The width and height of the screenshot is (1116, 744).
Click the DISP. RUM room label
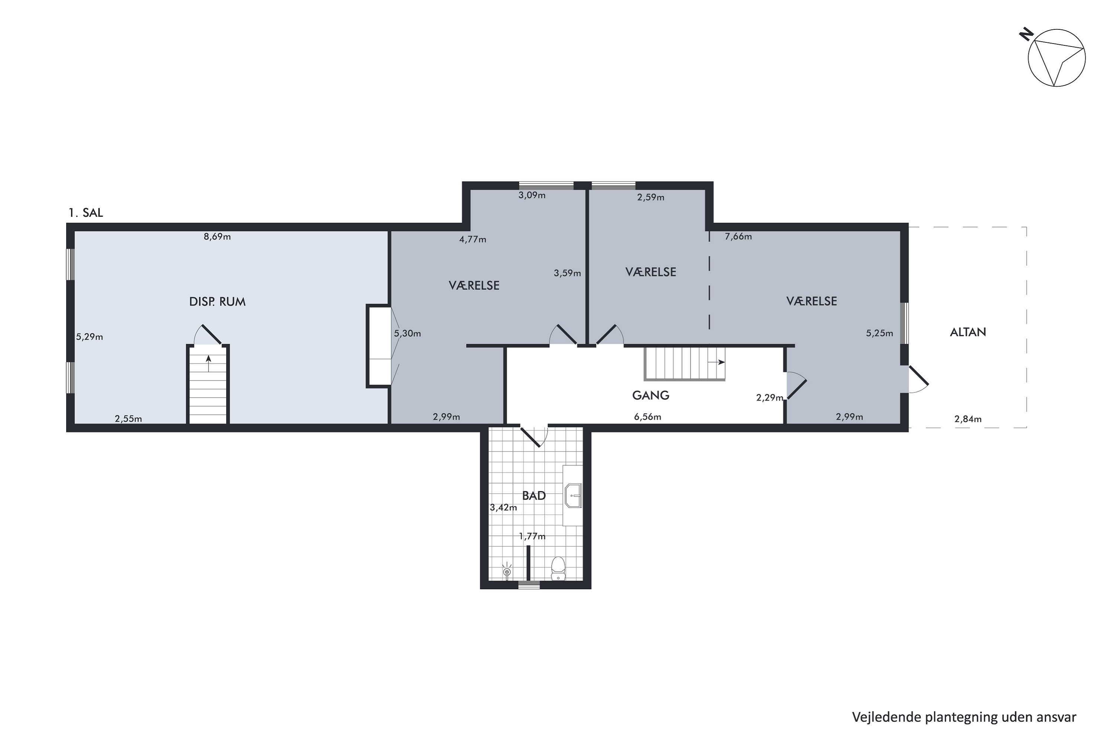[217, 302]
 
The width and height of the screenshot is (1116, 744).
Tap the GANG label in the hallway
[651, 395]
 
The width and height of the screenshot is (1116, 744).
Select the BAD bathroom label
[534, 496]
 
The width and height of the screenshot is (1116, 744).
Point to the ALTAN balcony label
[968, 332]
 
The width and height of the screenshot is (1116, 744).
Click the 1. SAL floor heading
[86, 212]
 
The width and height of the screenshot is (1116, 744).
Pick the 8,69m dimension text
[217, 236]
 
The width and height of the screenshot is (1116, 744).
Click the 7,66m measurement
[738, 236]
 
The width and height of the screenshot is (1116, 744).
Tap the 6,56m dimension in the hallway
[648, 417]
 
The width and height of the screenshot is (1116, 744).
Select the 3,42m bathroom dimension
[503, 507]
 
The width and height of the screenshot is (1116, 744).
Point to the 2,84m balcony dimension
[968, 419]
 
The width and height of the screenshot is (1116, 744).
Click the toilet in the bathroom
[558, 568]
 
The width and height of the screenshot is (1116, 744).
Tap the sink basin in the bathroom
[573, 496]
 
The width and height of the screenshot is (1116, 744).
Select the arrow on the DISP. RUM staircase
[208, 363]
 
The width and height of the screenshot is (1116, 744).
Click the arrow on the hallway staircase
[716, 362]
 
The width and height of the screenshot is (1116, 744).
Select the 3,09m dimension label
[532, 195]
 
